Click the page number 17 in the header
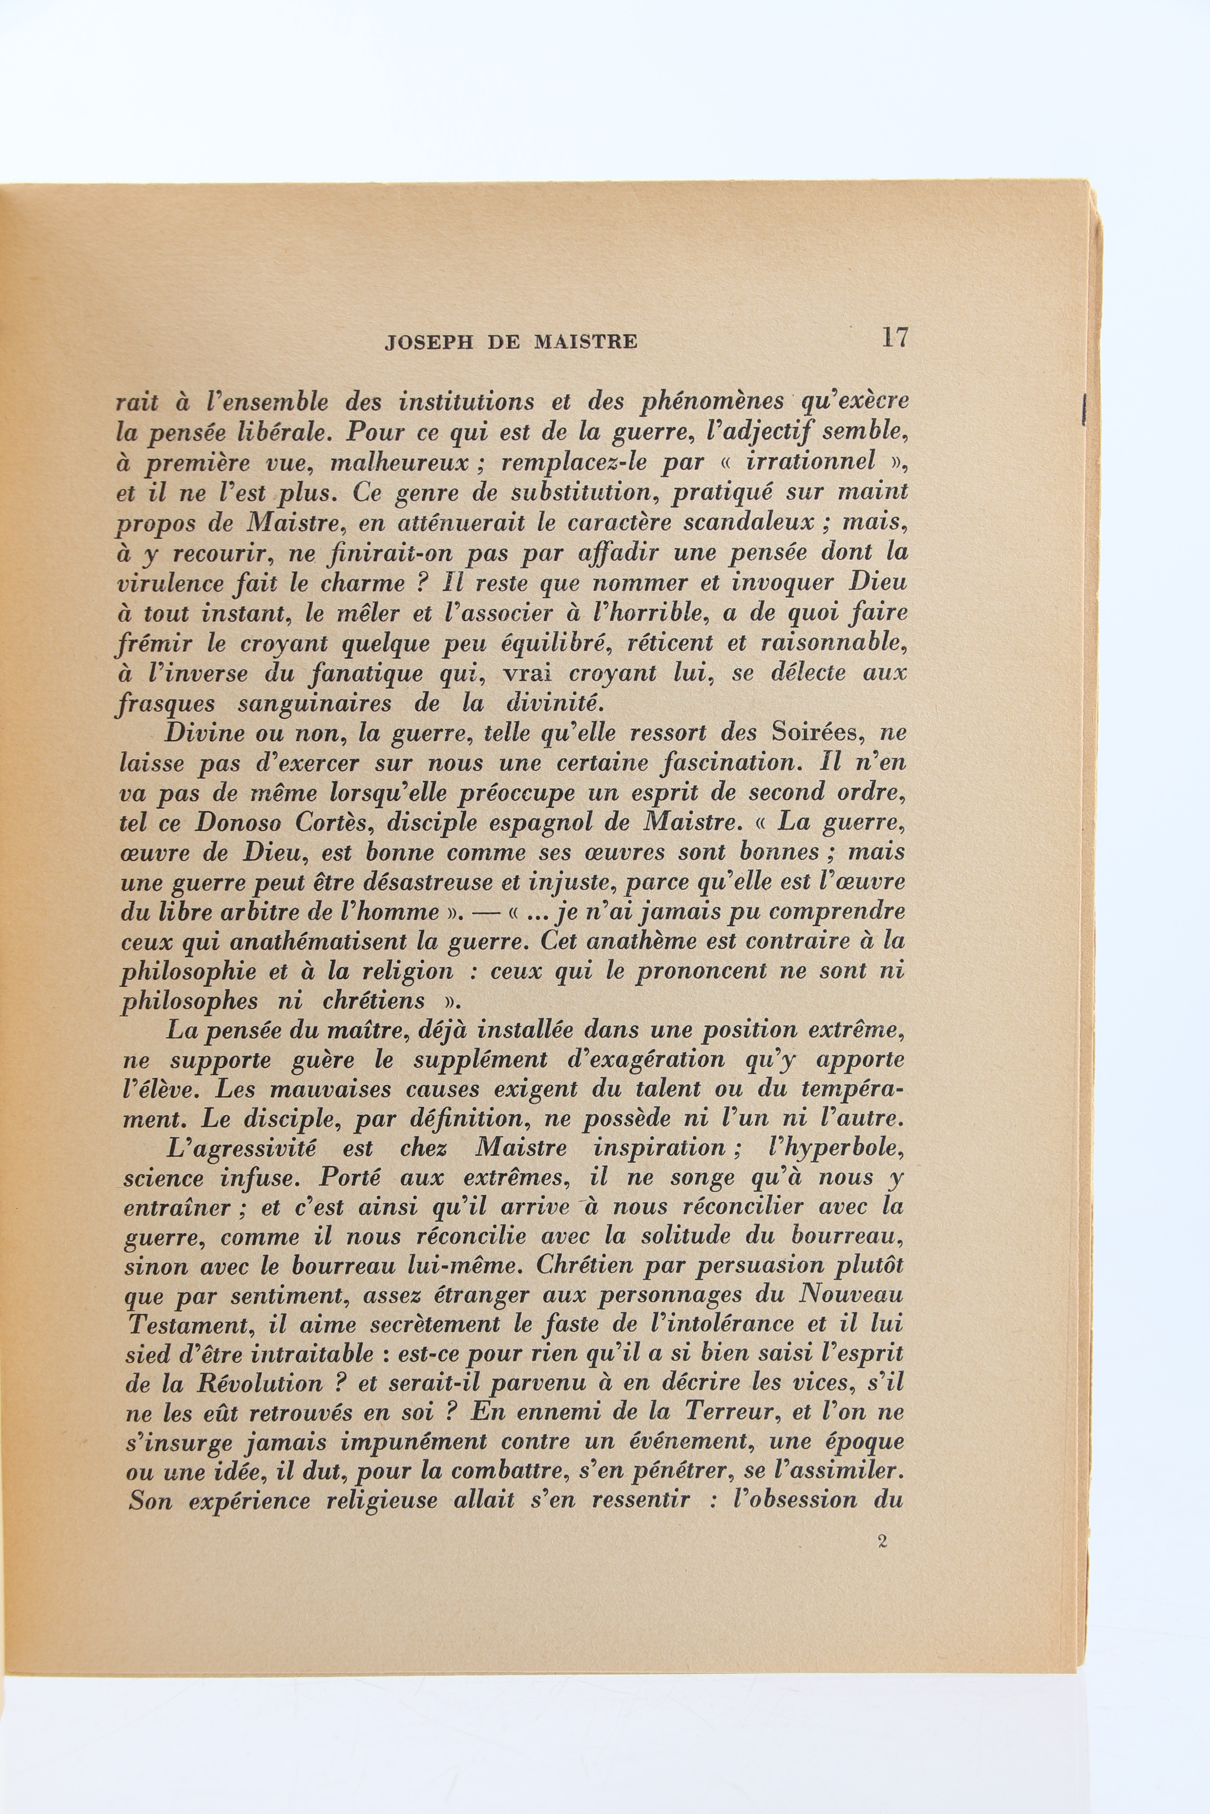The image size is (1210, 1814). click(895, 338)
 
